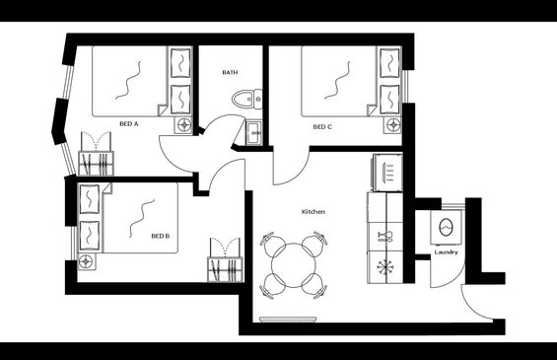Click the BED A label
click(128, 124)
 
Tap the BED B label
click(161, 236)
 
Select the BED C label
click(322, 127)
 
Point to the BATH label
click(230, 73)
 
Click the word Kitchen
click(313, 212)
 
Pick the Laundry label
click(447, 252)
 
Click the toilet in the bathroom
click(246, 99)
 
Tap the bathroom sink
click(254, 132)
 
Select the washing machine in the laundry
click(447, 227)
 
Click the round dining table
click(294, 265)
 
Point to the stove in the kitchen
click(387, 173)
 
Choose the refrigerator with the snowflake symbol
click(385, 267)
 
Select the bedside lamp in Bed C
click(393, 124)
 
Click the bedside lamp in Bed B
click(86, 262)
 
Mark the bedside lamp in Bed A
click(184, 124)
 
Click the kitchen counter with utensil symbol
click(385, 237)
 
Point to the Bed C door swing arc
click(299, 176)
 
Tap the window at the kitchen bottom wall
click(288, 320)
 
